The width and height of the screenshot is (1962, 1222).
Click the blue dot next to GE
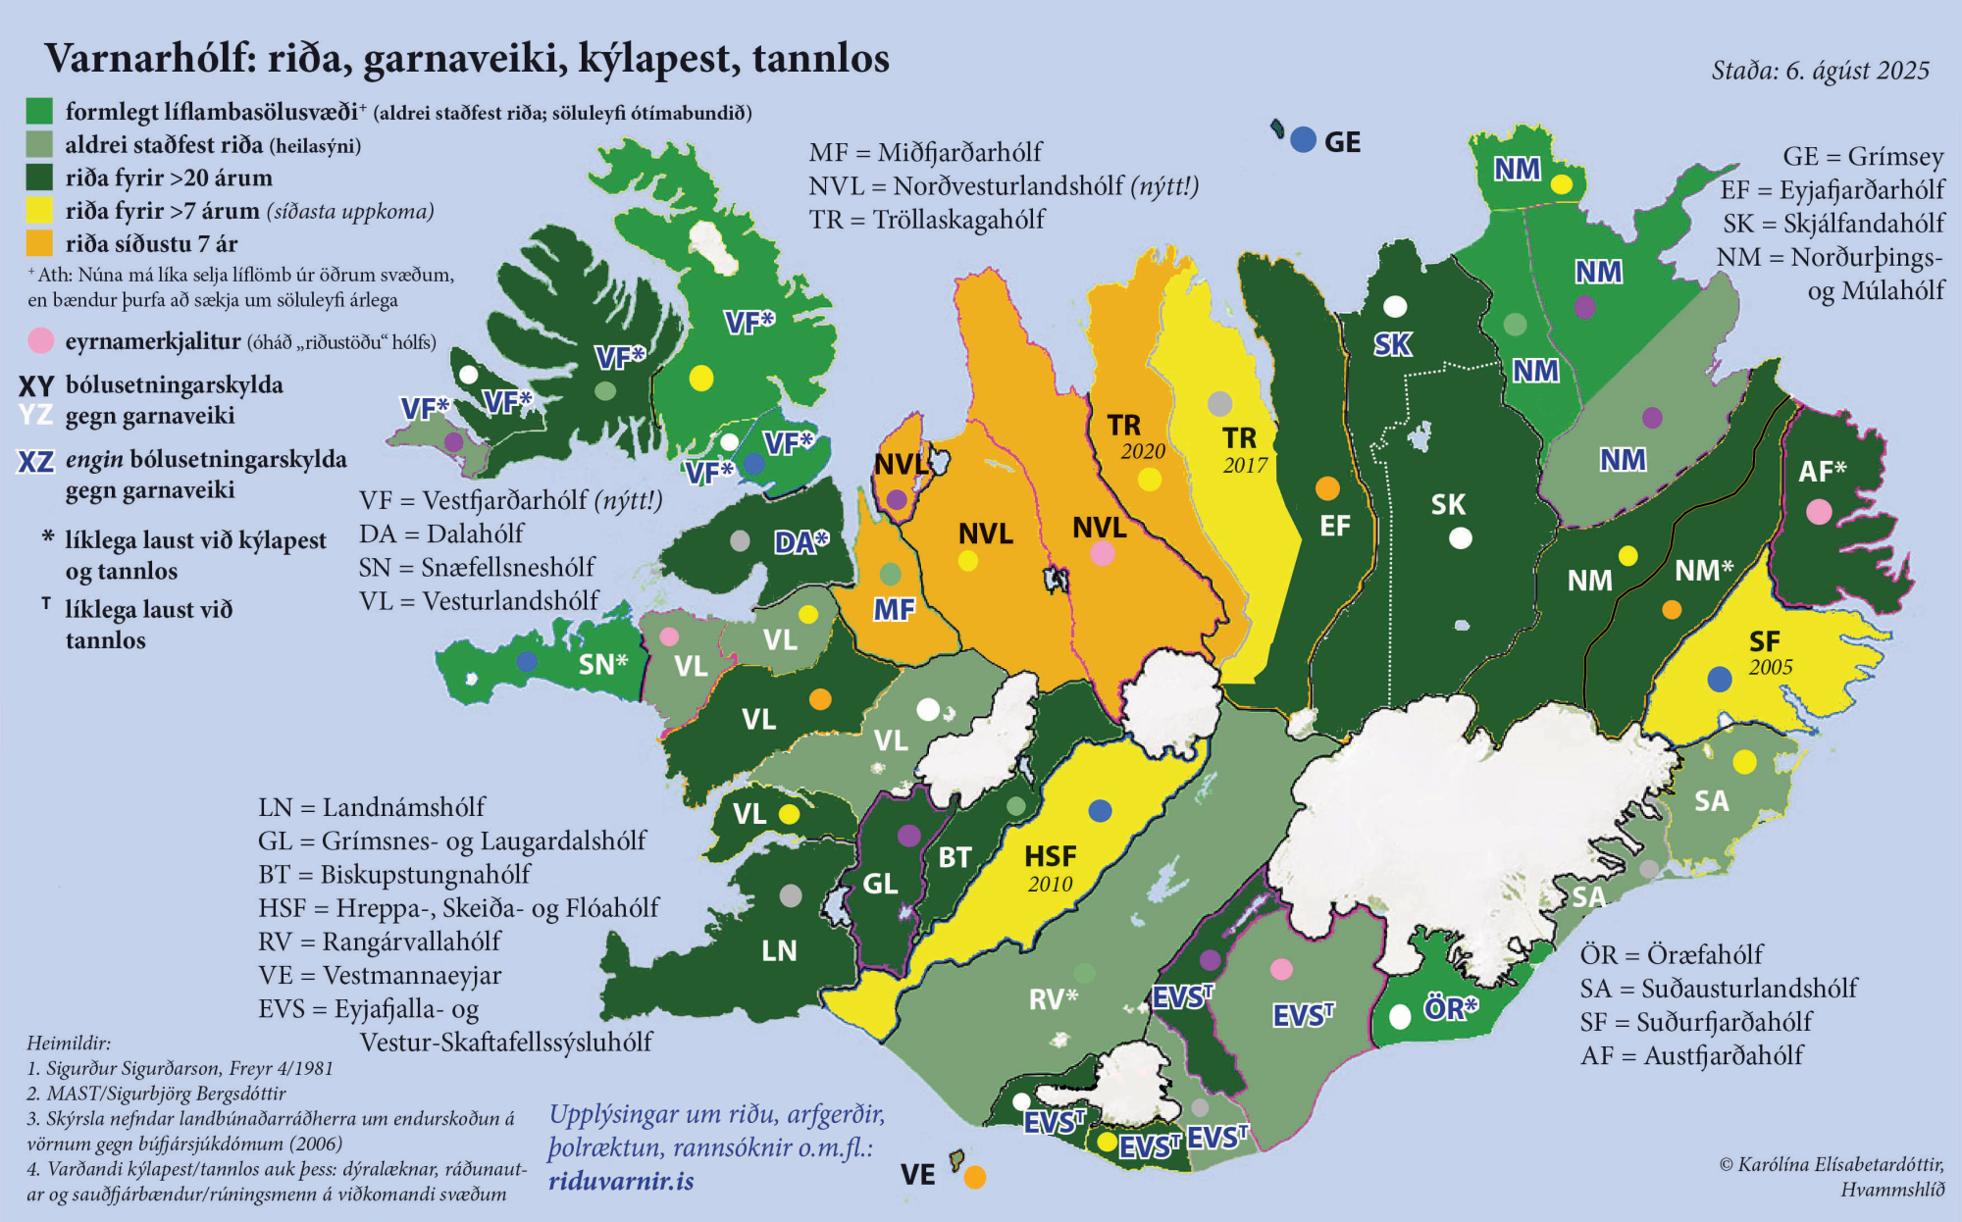tap(1303, 140)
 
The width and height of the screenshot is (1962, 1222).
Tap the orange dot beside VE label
tap(974, 1177)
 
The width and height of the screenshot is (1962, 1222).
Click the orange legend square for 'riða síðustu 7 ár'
tap(39, 243)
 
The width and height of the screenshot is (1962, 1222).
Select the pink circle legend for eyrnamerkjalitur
tap(40, 341)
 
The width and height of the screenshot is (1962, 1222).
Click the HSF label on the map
tap(1050, 856)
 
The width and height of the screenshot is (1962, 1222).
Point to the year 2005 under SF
tap(1771, 667)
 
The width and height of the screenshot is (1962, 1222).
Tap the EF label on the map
tap(1334, 526)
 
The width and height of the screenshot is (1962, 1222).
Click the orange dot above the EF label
tap(1327, 488)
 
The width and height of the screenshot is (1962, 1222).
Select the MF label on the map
tap(894, 610)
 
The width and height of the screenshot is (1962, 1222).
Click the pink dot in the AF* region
tap(1819, 511)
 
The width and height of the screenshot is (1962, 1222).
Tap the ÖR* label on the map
tap(1450, 1009)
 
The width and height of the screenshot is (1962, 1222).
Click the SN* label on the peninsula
tap(602, 664)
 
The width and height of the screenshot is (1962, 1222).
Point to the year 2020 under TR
tap(1143, 451)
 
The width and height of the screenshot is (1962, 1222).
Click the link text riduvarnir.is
tap(621, 1181)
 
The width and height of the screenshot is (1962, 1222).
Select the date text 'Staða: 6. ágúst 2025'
tap(1820, 71)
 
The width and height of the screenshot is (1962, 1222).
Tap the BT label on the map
tap(955, 857)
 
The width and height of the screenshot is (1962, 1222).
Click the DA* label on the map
tap(800, 542)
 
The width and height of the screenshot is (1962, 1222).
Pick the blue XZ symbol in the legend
tap(35, 461)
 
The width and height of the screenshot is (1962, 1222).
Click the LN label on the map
tap(779, 950)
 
